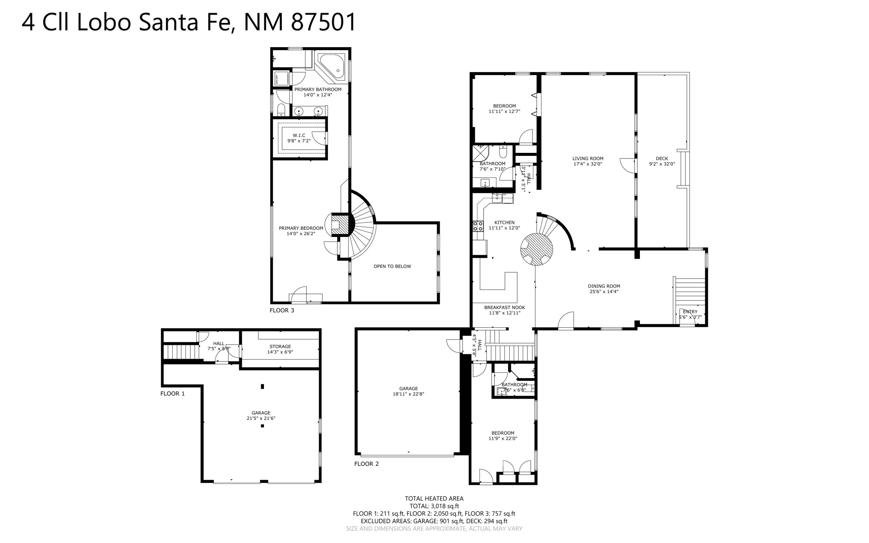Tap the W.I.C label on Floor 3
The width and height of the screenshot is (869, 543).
(299, 135)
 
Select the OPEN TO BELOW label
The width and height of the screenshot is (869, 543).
(392, 267)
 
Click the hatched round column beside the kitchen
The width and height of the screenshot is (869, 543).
(536, 249)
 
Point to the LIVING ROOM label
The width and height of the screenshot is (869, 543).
(588, 159)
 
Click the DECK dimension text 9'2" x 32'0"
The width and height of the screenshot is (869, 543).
(662, 164)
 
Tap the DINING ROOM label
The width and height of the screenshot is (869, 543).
(604, 286)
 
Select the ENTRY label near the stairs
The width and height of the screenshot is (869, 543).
(690, 312)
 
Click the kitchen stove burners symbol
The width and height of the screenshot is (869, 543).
(478, 226)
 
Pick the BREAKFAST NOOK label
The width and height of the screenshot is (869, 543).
(505, 307)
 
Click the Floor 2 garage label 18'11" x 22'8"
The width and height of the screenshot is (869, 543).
(408, 394)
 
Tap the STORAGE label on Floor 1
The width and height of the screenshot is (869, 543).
(280, 346)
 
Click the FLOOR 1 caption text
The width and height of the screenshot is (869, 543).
(172, 394)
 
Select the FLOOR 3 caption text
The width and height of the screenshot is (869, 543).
(282, 310)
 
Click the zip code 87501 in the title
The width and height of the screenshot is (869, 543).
(323, 22)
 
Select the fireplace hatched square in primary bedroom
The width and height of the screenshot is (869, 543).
(336, 223)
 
